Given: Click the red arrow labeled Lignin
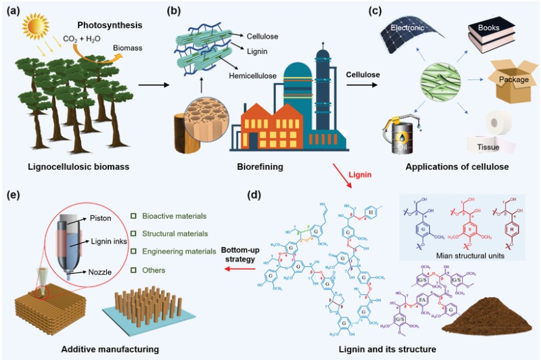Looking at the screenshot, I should (344, 177).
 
